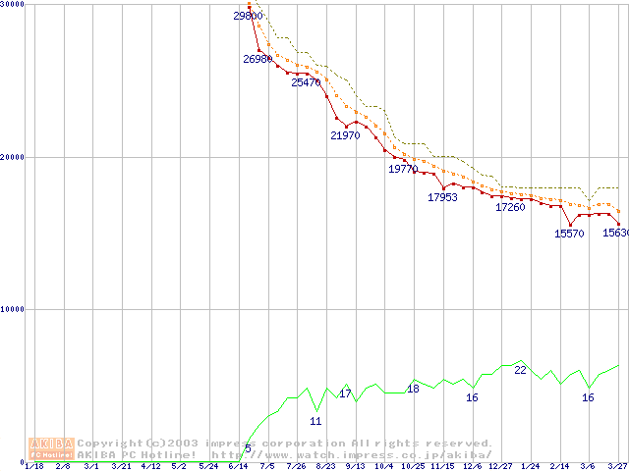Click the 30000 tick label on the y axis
coord(13,5)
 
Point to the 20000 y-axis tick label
coord(13,157)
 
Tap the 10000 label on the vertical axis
coord(13,309)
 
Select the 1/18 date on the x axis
coord(33,466)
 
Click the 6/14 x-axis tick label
coord(238,466)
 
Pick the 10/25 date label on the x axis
coord(413,466)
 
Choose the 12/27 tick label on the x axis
coord(500,466)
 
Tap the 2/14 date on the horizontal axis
coord(559,466)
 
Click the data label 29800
coord(248,16)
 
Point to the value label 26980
coord(257,59)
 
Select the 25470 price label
coord(306,82)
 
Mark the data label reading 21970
coord(345,135)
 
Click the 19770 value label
coord(403,169)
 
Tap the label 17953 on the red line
coord(442,197)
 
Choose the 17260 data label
coord(510,207)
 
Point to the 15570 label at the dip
coord(569,234)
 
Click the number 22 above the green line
coord(521,370)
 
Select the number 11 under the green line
coord(315,421)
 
